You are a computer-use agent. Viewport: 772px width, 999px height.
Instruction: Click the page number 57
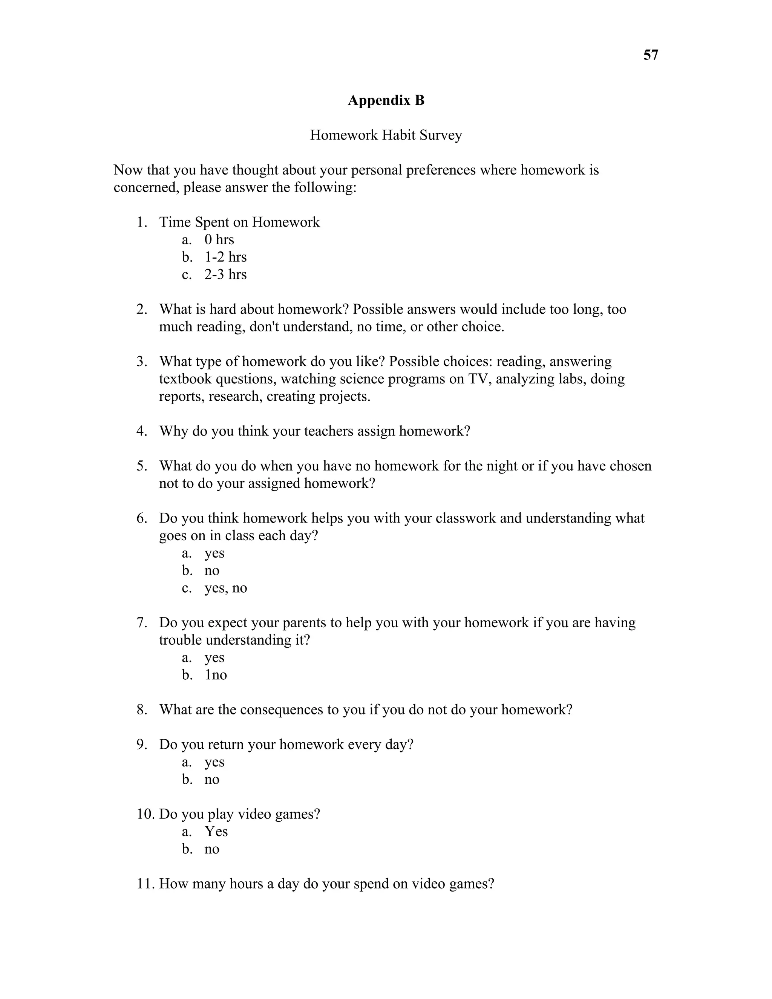tap(650, 55)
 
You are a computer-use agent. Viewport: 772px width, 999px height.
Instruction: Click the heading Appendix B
tap(386, 100)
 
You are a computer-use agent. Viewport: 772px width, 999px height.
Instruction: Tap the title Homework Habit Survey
tap(386, 135)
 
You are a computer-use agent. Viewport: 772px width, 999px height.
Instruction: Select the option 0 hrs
tap(219, 240)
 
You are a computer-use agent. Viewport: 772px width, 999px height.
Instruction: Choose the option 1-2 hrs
tap(225, 257)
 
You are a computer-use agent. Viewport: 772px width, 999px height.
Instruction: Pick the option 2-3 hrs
tap(225, 274)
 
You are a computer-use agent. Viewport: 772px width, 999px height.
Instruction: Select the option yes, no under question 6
tap(225, 588)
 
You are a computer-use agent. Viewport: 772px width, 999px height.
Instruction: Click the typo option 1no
tap(216, 675)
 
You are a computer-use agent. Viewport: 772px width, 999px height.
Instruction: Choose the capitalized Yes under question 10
tap(216, 831)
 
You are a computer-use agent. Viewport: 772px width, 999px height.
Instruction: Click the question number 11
tap(146, 884)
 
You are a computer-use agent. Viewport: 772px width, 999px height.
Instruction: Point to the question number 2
tap(142, 309)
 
